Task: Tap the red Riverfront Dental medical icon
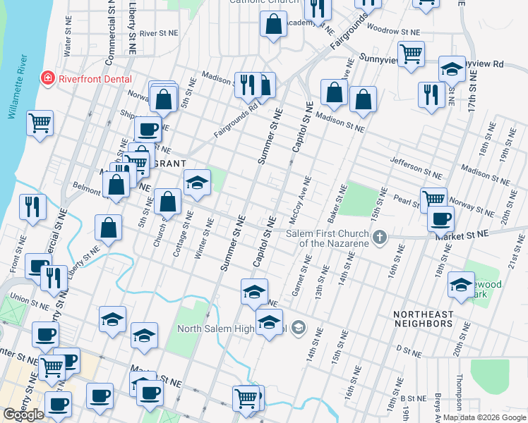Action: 48,78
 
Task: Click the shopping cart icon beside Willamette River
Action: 40,123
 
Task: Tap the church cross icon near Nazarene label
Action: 380,237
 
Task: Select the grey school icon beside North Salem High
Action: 298,326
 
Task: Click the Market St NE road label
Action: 462,235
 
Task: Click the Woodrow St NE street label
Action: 394,31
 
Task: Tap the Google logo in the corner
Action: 23,415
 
